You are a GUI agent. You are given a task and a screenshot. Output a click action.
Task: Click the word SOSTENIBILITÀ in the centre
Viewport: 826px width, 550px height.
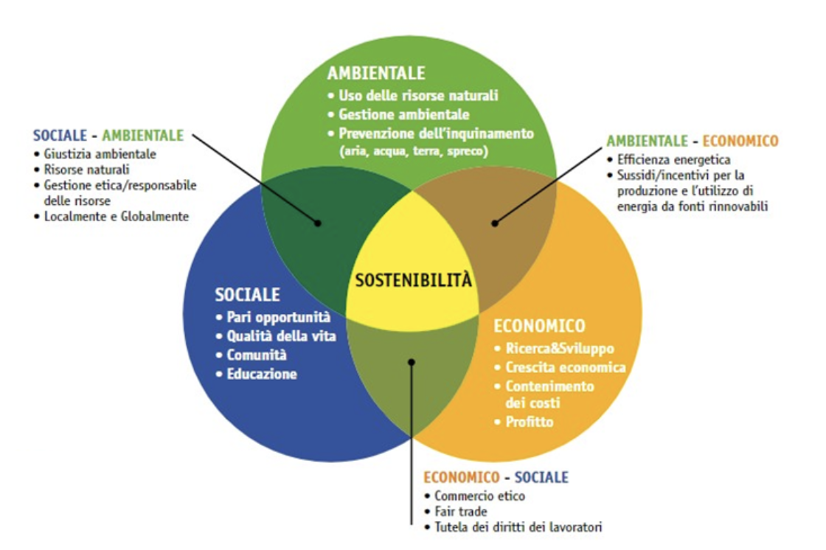coord(412,281)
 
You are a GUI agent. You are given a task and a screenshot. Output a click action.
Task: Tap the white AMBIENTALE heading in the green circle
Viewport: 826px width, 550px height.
coord(376,73)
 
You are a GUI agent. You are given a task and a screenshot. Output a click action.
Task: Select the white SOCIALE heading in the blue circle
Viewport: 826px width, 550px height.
coord(247,295)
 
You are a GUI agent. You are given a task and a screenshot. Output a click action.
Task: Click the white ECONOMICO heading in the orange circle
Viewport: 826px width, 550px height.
coord(539,326)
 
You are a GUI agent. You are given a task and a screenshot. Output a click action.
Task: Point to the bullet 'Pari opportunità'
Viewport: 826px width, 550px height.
coord(278,318)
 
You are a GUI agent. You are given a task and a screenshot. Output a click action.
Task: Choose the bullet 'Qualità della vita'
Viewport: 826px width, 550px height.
coord(282,336)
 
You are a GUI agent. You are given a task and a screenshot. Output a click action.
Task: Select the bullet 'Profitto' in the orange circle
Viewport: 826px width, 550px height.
coord(529,422)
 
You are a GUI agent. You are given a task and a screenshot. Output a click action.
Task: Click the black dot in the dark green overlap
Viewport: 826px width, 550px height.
coord(318,222)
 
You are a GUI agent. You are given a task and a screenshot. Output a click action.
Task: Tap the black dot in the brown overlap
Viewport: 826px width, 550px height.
coord(495,221)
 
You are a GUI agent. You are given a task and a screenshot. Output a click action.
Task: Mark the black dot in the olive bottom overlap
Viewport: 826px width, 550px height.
coord(412,362)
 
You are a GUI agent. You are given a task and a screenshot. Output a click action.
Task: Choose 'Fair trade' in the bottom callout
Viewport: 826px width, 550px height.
coord(461,511)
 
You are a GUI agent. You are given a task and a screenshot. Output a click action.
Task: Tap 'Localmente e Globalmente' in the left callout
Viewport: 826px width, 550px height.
coord(116,216)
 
